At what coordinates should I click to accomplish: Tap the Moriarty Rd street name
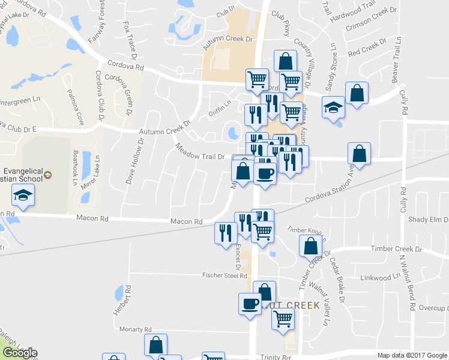pyautogui.click(x=136, y=329)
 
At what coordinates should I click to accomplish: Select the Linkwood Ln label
pyautogui.click(x=381, y=277)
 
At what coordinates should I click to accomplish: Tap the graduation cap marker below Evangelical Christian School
pyautogui.click(x=23, y=196)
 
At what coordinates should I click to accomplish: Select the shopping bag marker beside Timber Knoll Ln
pyautogui.click(x=310, y=246)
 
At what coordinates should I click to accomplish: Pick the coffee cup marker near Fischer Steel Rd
pyautogui.click(x=250, y=304)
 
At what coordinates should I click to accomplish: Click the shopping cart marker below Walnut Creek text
pyautogui.click(x=282, y=319)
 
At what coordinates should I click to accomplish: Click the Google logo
pyautogui.click(x=19, y=353)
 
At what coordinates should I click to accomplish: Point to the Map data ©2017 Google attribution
pyautogui.click(x=412, y=355)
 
